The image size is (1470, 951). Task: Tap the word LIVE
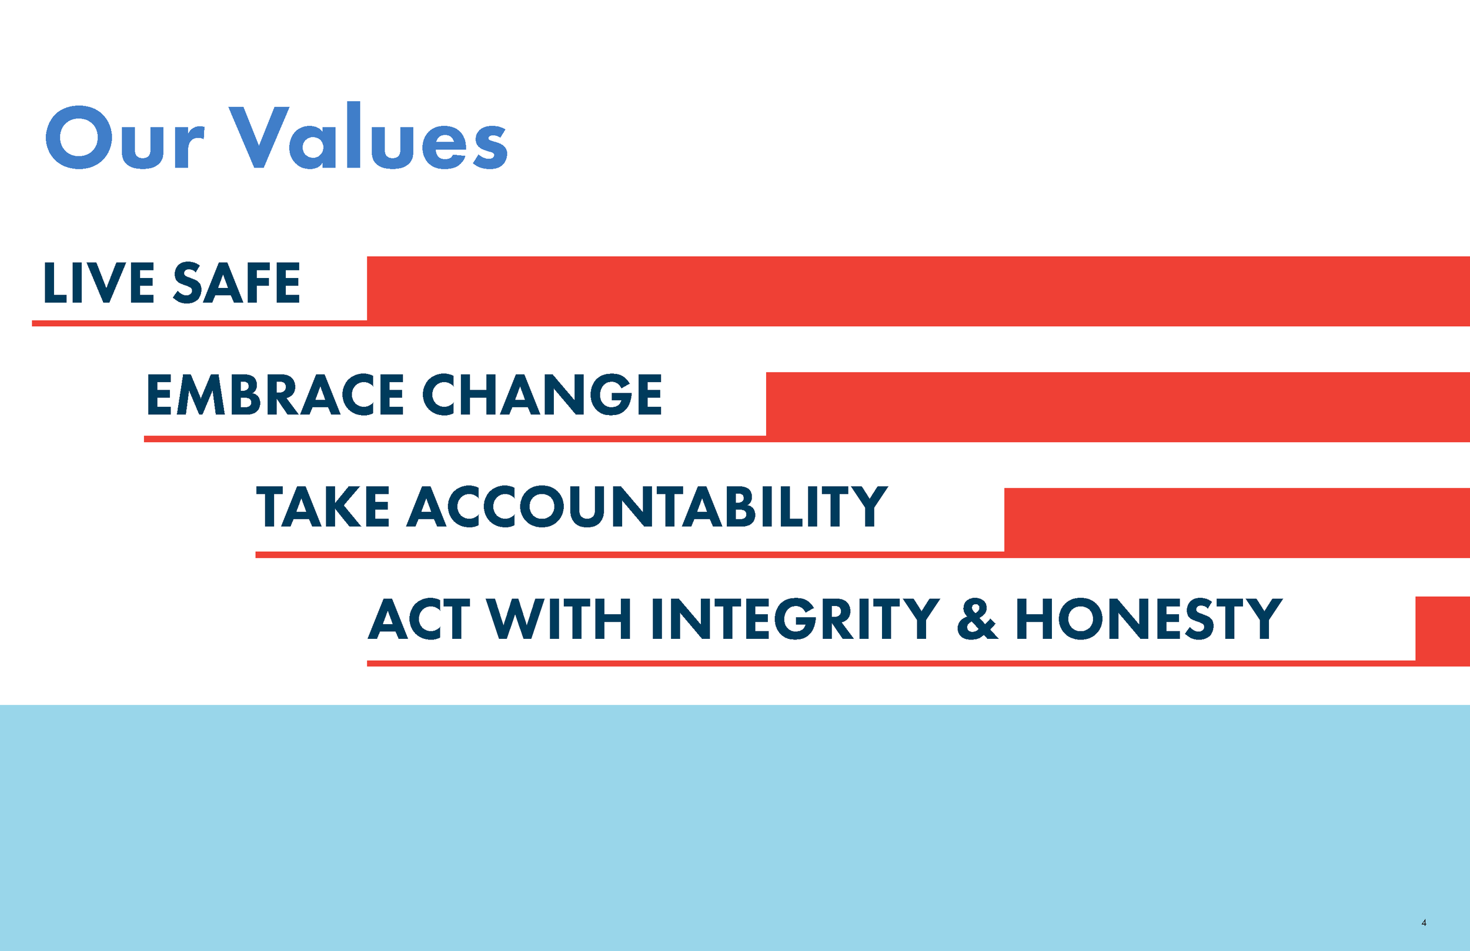tap(99, 283)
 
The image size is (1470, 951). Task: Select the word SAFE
tap(236, 283)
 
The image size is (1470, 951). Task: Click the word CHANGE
tap(542, 394)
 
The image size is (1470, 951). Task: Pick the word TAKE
tap(322, 507)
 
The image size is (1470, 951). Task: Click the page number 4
tap(1424, 923)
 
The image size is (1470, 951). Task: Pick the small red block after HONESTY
tap(1442, 630)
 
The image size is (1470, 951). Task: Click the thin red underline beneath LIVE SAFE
tap(198, 323)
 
